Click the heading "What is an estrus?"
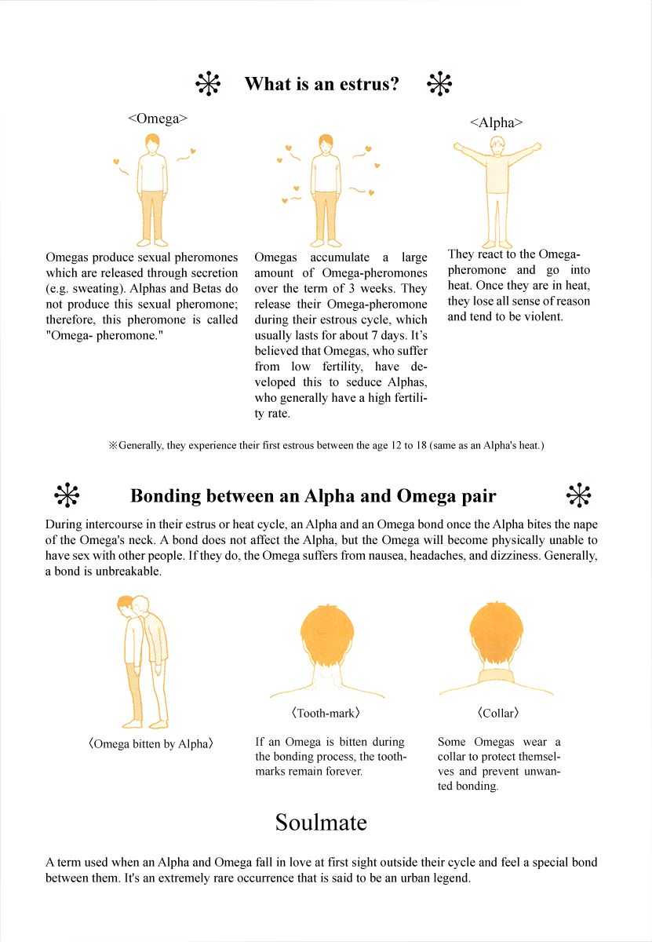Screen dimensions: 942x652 [322, 84]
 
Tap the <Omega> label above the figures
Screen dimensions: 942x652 [157, 119]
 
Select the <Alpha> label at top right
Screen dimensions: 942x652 [496, 122]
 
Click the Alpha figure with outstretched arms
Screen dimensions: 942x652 [497, 188]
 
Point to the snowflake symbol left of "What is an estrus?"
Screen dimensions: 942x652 [208, 83]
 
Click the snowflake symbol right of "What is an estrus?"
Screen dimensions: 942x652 [439, 84]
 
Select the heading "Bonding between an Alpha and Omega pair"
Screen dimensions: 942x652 [313, 496]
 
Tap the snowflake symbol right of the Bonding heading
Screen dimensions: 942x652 [578, 495]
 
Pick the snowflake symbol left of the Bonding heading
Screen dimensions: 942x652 [67, 495]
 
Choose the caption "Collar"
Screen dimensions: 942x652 [497, 713]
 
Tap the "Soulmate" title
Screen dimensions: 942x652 [321, 822]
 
